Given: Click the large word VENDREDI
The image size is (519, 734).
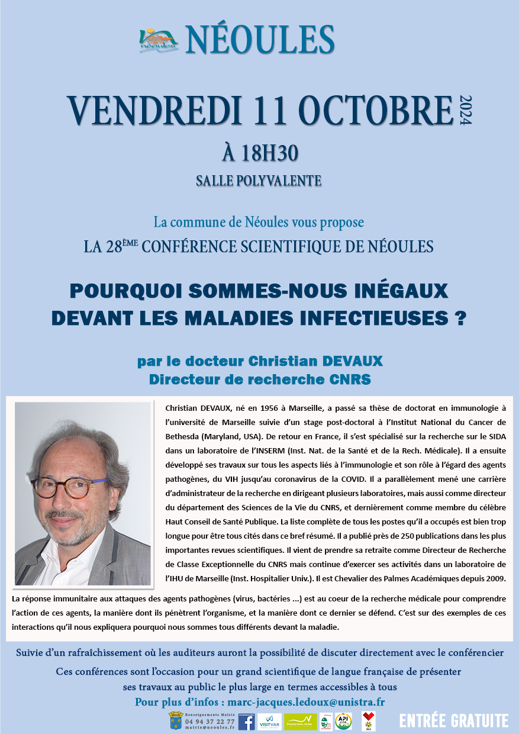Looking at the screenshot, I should pos(147,110).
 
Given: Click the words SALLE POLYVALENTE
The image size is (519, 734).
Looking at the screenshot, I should pos(259,181).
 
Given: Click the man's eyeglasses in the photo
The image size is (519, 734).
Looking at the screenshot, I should pos(71,487).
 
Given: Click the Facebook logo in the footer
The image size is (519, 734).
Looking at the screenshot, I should pos(246,721).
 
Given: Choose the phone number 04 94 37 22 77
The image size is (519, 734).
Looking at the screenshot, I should pos(210,721).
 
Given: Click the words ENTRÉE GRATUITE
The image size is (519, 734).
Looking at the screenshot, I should pos(453,720).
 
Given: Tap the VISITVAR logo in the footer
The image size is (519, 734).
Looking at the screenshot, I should pos(269,722).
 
